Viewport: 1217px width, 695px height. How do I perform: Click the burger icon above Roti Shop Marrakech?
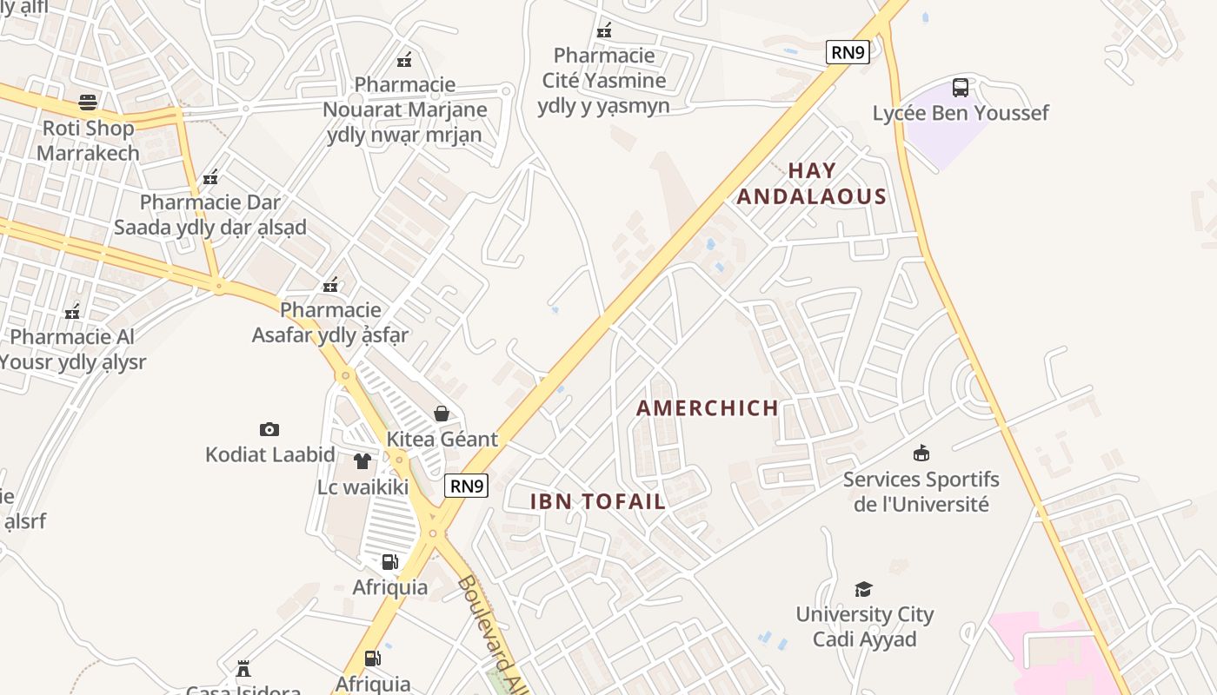click(x=87, y=103)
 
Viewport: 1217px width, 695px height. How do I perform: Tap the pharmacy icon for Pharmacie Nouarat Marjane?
click(x=404, y=60)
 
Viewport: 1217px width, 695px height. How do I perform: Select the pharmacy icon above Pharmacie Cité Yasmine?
click(x=604, y=30)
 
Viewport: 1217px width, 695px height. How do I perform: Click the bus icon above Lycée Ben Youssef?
click(x=961, y=87)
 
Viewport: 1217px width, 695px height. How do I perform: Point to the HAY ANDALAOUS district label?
click(x=812, y=183)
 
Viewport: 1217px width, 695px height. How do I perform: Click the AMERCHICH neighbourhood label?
click(x=708, y=408)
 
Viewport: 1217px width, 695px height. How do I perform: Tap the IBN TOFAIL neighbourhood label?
click(x=598, y=501)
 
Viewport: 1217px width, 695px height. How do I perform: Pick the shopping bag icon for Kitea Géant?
click(x=442, y=413)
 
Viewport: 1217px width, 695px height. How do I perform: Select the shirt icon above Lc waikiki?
click(x=362, y=460)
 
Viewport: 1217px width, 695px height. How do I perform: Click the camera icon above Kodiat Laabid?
click(x=269, y=429)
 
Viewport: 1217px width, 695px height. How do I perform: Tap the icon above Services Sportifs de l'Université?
click(x=921, y=453)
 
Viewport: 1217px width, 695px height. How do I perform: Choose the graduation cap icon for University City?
click(x=863, y=589)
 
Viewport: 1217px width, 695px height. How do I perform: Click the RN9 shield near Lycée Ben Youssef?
click(x=848, y=52)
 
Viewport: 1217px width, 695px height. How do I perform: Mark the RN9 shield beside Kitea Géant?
click(x=467, y=486)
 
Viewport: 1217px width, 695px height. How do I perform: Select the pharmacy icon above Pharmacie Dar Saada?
click(x=210, y=178)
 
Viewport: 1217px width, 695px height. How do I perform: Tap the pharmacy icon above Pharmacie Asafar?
click(x=330, y=285)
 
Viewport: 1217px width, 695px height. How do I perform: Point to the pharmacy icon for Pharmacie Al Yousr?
click(x=73, y=312)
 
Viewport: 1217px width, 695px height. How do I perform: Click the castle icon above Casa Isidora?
click(x=243, y=669)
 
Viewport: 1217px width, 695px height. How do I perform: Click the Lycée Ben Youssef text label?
click(x=961, y=113)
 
